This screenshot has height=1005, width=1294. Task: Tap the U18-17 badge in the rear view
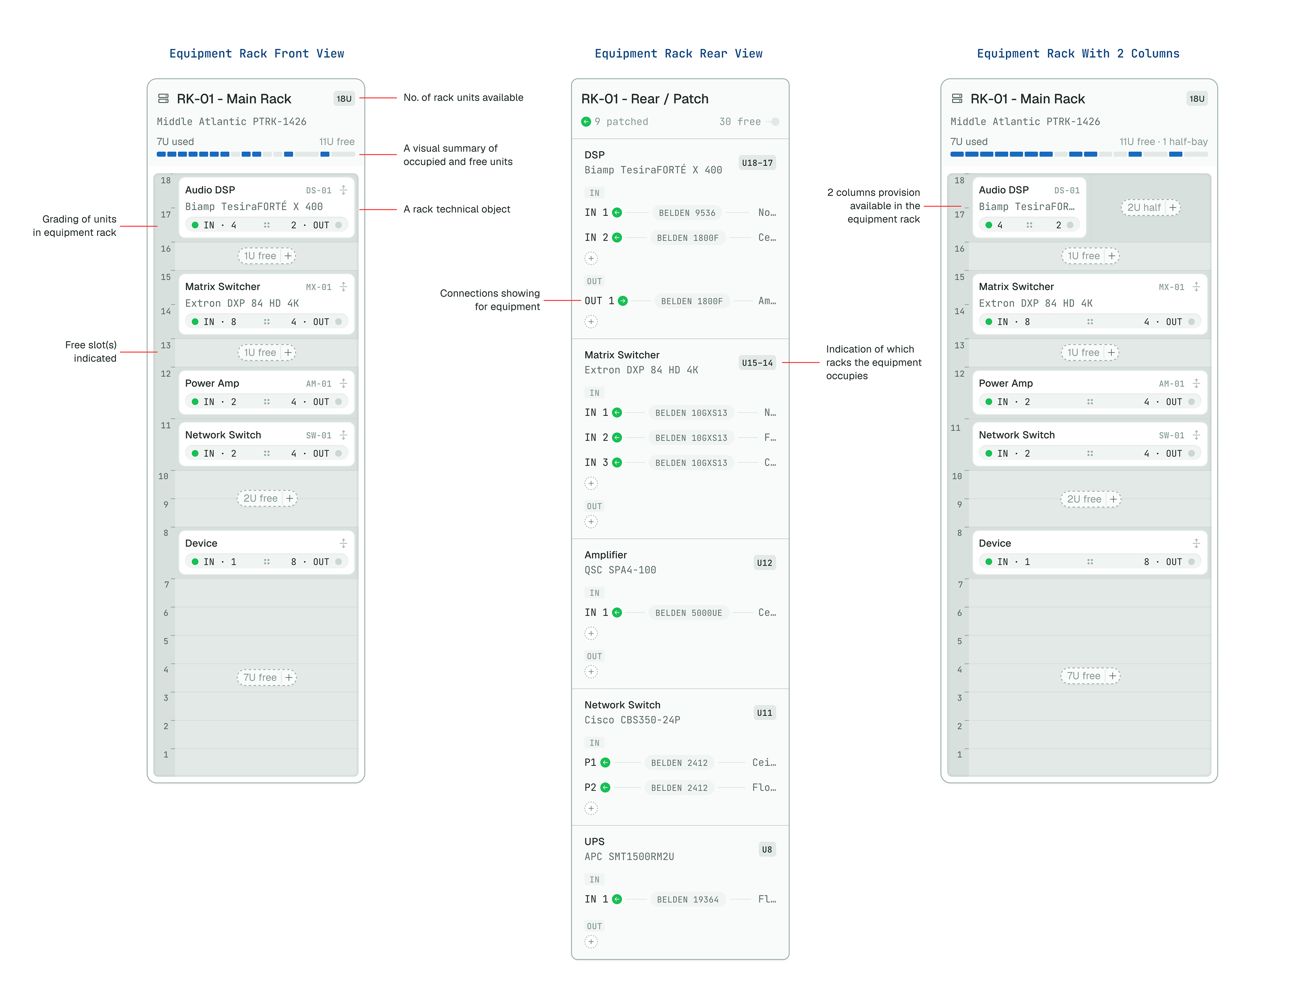pos(757,163)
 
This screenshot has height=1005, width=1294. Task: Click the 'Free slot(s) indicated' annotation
pos(91,352)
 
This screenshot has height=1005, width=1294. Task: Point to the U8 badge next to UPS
pos(767,850)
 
